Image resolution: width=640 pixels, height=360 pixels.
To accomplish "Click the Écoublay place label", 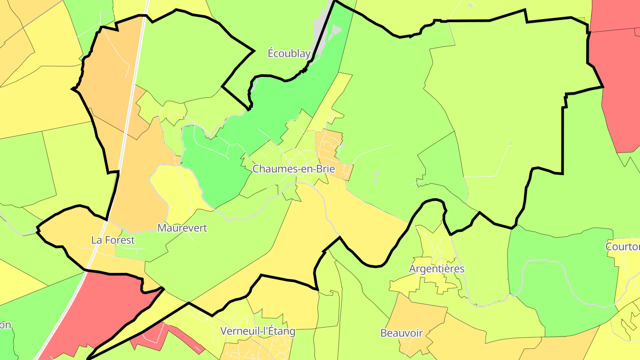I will tap(289, 54).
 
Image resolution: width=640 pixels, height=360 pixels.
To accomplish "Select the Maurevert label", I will tap(182, 228).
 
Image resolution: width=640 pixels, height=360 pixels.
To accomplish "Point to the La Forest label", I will tap(113, 240).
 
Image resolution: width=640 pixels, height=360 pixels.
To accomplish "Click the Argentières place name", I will tap(436, 269).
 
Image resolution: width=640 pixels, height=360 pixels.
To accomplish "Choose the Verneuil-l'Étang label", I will tap(258, 331).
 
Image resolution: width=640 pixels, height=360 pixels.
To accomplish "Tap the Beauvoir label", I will tap(401, 333).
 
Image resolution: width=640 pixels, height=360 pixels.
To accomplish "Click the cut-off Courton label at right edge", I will tap(623, 247).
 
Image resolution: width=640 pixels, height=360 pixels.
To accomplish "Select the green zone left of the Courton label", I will tap(560, 276).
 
